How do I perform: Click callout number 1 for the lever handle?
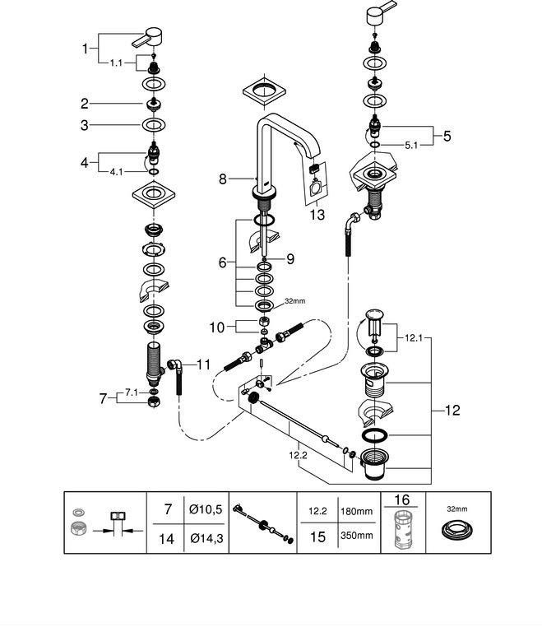85,49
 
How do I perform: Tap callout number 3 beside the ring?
85,125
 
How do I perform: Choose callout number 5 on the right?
447,136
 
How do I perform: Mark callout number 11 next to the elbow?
203,363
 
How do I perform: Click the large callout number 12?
452,410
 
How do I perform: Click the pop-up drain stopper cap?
376,315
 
